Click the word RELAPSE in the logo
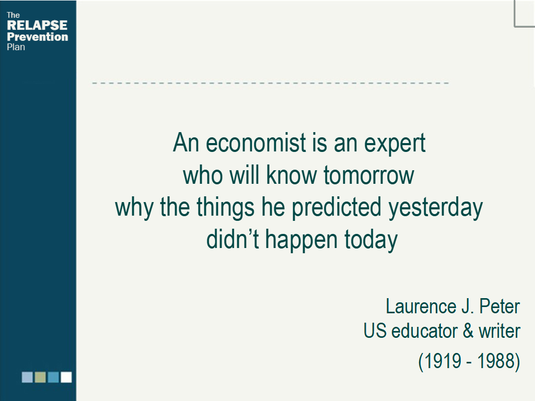[37, 26]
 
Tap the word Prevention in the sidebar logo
[37, 37]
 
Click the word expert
[395, 144]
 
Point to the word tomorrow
[369, 175]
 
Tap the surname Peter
[500, 306]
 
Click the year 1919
[441, 361]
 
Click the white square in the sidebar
[66, 377]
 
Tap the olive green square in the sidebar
[40, 377]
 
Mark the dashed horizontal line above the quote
[270, 83]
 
